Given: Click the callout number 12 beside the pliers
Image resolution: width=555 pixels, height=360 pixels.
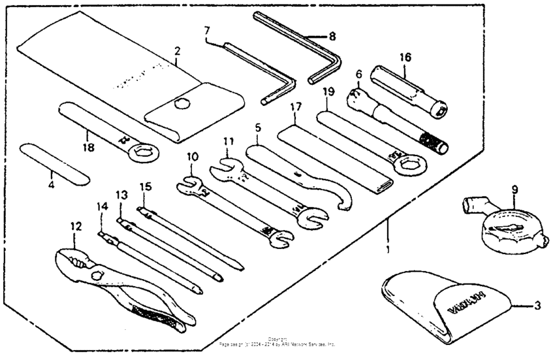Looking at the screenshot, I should click(x=76, y=227).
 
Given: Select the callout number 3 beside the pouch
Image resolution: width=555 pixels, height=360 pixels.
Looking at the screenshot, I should click(x=537, y=306).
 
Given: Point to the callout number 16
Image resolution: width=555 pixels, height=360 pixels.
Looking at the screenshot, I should click(x=405, y=57).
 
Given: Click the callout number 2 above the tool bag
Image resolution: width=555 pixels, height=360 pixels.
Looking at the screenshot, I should click(x=177, y=50).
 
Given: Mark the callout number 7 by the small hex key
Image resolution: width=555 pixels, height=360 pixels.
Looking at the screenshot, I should click(x=207, y=30).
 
